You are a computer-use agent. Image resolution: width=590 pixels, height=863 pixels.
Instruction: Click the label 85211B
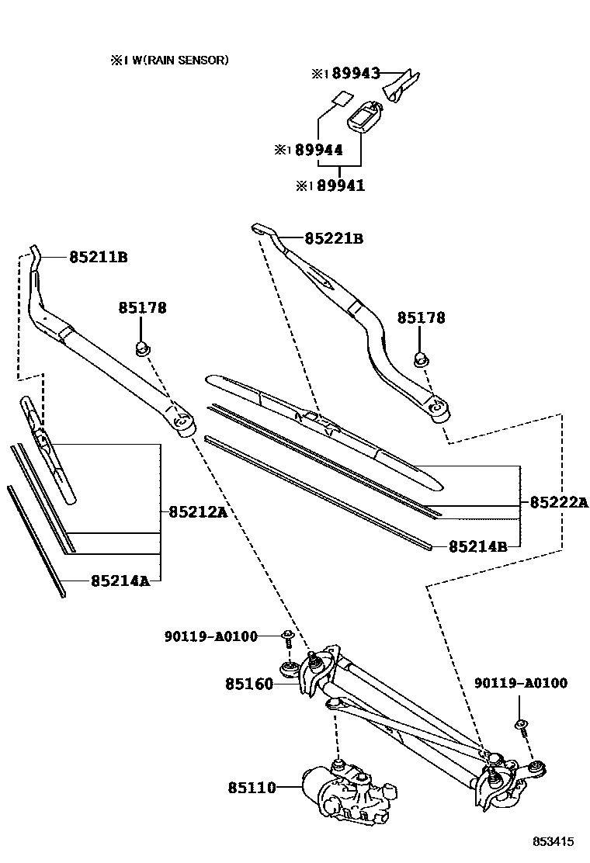click(x=98, y=257)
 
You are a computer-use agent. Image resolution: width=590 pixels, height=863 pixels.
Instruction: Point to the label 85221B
click(x=334, y=239)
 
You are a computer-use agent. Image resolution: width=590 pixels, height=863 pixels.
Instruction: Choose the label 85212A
click(x=198, y=511)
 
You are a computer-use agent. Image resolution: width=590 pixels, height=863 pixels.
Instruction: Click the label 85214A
click(x=120, y=580)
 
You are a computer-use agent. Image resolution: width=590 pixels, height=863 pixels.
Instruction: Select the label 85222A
click(x=559, y=502)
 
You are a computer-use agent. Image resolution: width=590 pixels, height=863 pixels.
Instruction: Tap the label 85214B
click(x=478, y=546)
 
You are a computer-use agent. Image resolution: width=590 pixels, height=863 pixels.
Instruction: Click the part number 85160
click(x=249, y=685)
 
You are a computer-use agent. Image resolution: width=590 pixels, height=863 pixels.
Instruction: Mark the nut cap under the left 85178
click(x=143, y=348)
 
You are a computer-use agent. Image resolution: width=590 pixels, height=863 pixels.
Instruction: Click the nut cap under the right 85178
click(x=420, y=359)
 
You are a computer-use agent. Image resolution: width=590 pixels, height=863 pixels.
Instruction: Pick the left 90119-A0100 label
click(x=210, y=636)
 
